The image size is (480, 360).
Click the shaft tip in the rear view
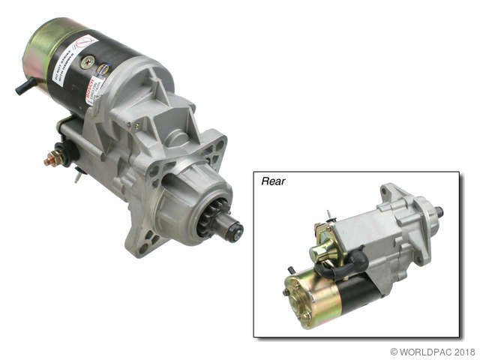tap(439, 212)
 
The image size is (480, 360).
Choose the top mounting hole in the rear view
tap(387, 192)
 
